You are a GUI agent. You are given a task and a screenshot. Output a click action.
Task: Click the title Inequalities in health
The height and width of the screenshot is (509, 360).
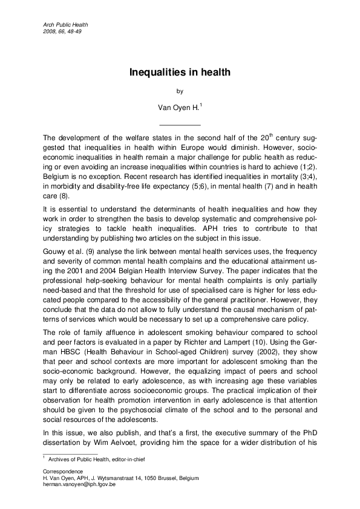coord(180,73)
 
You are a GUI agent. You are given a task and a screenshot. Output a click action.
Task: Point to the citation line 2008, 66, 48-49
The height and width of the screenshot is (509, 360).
coord(63,31)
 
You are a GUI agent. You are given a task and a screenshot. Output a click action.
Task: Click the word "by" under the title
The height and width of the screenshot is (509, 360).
coord(179,91)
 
